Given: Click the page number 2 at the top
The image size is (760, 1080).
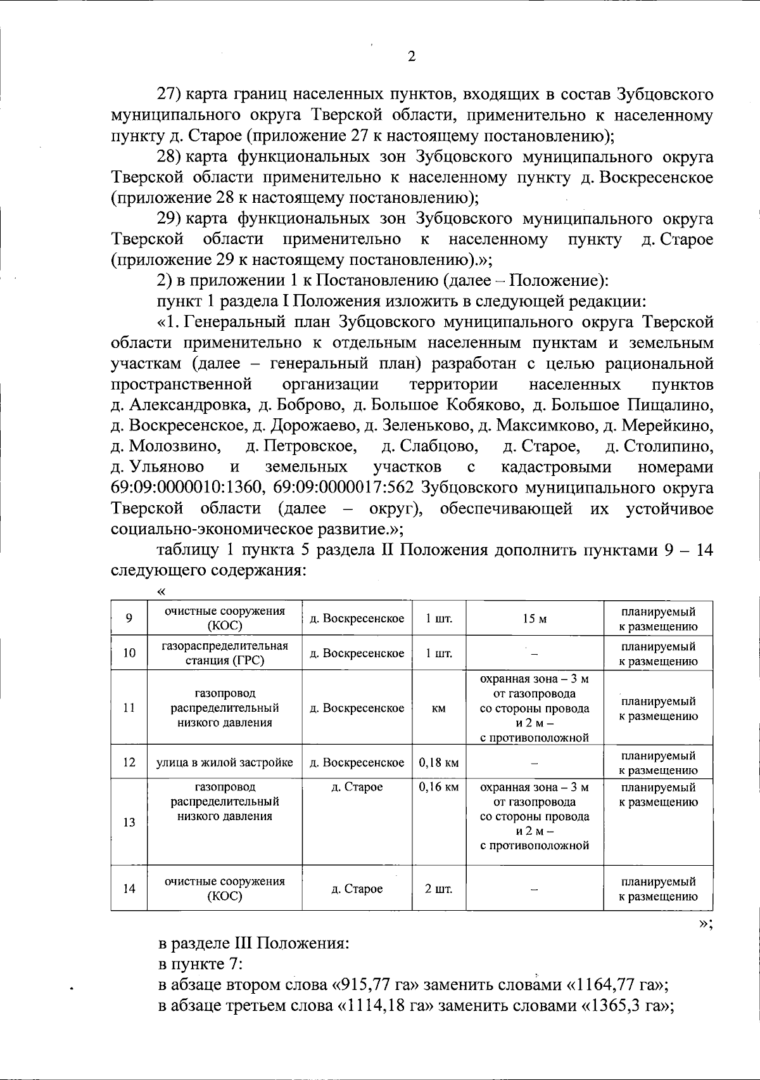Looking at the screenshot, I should pos(411,57).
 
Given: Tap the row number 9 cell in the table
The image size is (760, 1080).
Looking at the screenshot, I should pos(129,619).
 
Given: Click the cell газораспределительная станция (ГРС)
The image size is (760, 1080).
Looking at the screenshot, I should pos(225,653).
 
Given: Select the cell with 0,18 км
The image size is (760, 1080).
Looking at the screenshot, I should pos(438,762).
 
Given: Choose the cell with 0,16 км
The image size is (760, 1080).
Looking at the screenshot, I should pos(438,787).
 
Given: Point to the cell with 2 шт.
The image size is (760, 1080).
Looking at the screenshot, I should pos(438,889).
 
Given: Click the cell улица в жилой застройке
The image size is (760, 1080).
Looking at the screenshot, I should pos(225,762).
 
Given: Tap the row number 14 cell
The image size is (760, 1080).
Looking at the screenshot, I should pos(129,889).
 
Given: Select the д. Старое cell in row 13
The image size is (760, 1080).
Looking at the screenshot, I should pos(357,787).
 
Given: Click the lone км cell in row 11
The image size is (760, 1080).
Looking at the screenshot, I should pos(438,708).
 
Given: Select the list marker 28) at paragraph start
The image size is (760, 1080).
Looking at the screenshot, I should pos(170,157).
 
